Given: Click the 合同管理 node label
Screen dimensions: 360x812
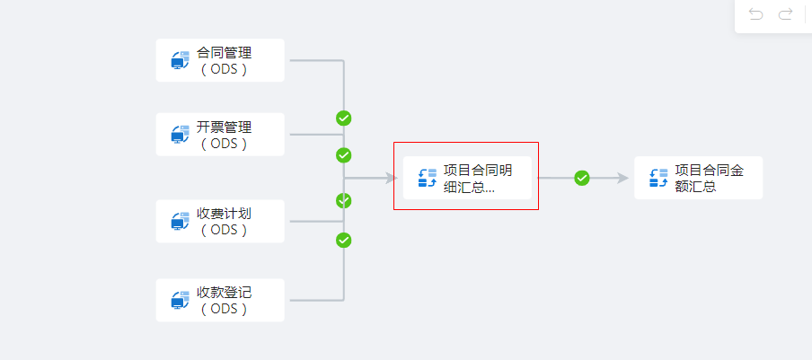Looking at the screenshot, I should click(x=225, y=53).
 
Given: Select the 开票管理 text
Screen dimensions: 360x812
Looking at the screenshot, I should click(x=225, y=127).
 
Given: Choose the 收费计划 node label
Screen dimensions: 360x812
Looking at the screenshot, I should click(x=225, y=215).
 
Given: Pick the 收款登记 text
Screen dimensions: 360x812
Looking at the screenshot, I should click(x=225, y=293).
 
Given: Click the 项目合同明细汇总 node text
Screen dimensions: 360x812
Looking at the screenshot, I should click(x=478, y=179).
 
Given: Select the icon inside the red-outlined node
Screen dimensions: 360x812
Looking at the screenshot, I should click(x=428, y=179).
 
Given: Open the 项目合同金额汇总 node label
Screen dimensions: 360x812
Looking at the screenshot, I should click(x=709, y=179).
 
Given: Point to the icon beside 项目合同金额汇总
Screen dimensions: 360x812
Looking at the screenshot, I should click(x=658, y=179).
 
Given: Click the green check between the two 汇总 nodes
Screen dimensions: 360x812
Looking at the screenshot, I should click(x=582, y=178).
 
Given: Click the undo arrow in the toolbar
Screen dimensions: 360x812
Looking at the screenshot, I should click(x=756, y=14).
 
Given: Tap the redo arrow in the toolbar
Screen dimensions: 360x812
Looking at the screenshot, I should click(x=785, y=14).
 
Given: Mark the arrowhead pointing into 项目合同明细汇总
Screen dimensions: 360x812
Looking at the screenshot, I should click(x=391, y=178).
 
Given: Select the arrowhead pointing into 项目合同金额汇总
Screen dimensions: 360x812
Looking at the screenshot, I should click(x=622, y=178).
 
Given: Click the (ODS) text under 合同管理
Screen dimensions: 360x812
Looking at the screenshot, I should click(x=225, y=68).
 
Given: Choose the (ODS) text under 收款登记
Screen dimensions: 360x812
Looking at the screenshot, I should click(x=225, y=308).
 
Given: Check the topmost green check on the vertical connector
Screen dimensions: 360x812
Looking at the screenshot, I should click(x=344, y=118).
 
